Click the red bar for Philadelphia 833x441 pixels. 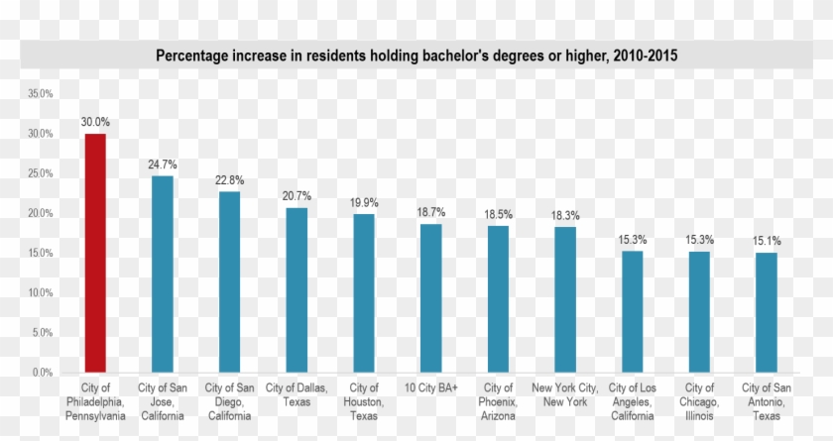(x=95, y=253)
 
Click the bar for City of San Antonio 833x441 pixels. (x=766, y=312)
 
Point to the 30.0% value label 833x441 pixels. (x=95, y=122)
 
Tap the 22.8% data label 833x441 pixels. (x=230, y=180)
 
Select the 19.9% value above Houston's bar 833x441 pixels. (x=364, y=203)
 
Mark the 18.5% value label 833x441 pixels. (x=499, y=214)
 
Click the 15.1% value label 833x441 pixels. (x=767, y=241)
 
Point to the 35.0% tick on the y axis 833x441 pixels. (x=41, y=94)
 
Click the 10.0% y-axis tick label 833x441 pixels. (x=41, y=293)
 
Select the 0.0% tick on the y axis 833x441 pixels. (x=43, y=373)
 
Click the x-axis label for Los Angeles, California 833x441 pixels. (x=633, y=401)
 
